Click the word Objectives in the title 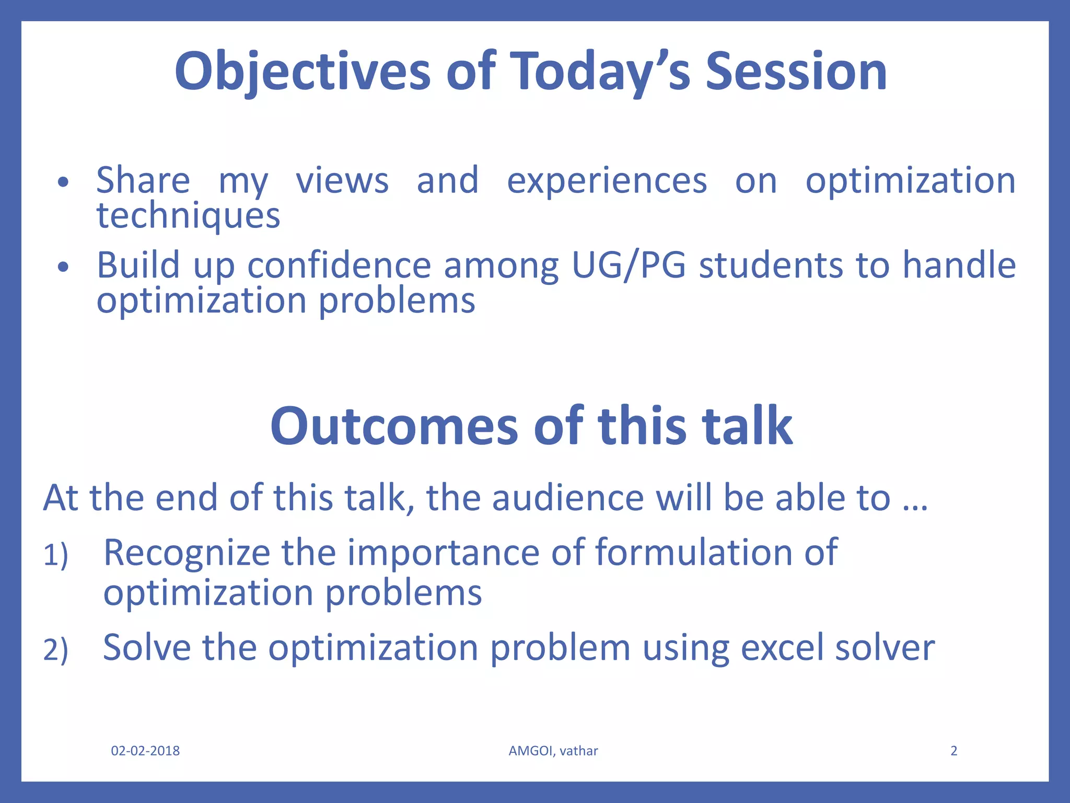click(303, 72)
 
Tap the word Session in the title click(796, 72)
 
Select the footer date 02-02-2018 click(145, 751)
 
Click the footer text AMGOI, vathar click(553, 751)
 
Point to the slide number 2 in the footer click(953, 751)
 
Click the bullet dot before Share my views click(63, 182)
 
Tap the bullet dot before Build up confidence click(63, 267)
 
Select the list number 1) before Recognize click(55, 555)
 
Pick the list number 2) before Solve click(55, 650)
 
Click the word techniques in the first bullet click(188, 216)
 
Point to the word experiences click(607, 181)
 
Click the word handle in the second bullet click(959, 265)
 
